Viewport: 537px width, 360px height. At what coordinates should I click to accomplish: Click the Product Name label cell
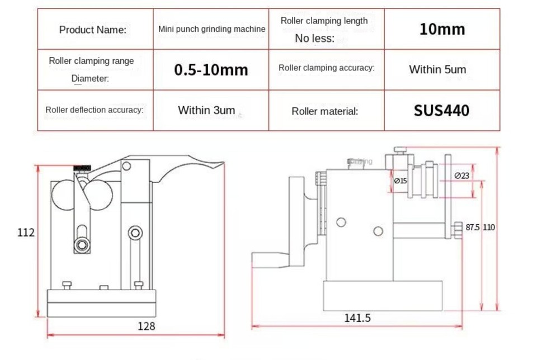93,29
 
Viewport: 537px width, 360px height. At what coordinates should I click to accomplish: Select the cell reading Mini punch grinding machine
211,29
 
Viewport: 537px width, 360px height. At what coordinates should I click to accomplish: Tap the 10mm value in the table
442,29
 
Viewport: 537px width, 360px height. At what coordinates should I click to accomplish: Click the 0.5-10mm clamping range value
211,70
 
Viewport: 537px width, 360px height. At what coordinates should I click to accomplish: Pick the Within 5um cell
437,70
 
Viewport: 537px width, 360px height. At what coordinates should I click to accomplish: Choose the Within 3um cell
206,110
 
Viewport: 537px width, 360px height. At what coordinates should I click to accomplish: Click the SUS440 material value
441,110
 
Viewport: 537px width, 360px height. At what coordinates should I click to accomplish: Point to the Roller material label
325,111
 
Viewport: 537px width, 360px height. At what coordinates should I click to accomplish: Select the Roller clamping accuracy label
327,68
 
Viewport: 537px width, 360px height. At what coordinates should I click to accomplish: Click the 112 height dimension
26,232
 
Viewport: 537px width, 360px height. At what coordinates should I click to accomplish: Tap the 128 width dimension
146,326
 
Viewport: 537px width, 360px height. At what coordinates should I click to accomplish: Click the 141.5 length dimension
357,318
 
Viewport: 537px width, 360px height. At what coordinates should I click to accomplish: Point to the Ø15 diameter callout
400,181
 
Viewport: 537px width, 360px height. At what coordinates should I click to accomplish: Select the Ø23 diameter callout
461,176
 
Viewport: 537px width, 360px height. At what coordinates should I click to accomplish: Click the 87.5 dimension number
473,228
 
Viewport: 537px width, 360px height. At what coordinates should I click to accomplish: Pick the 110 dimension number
489,228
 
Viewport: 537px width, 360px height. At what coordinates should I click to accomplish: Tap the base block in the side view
383,295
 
